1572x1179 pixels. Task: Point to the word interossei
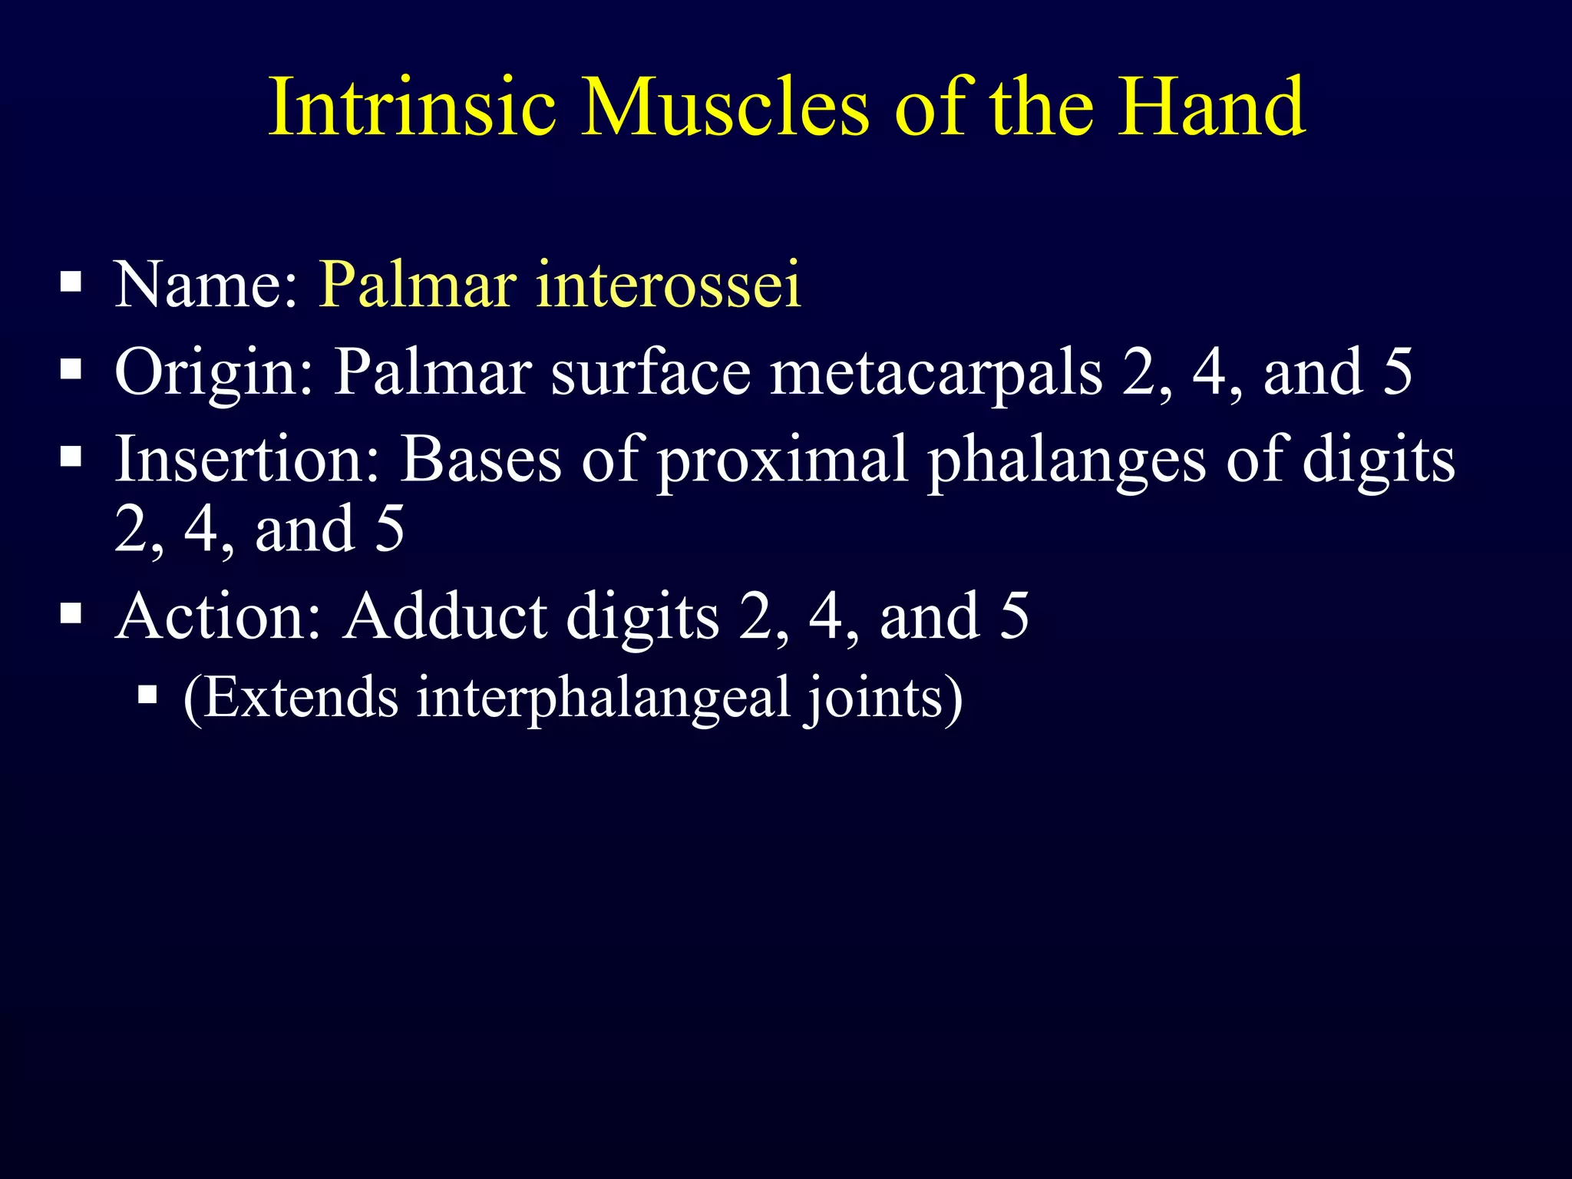point(668,285)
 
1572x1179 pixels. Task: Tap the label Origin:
point(214,372)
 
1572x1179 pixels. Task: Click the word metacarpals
point(936,372)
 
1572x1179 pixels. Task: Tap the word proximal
point(783,461)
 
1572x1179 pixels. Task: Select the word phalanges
point(1067,461)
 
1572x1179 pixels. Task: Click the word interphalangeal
point(603,698)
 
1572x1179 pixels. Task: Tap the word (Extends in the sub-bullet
point(291,698)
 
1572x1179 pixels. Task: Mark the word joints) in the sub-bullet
point(883,698)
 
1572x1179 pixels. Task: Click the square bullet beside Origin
point(71,371)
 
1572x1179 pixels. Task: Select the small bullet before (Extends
point(147,696)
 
